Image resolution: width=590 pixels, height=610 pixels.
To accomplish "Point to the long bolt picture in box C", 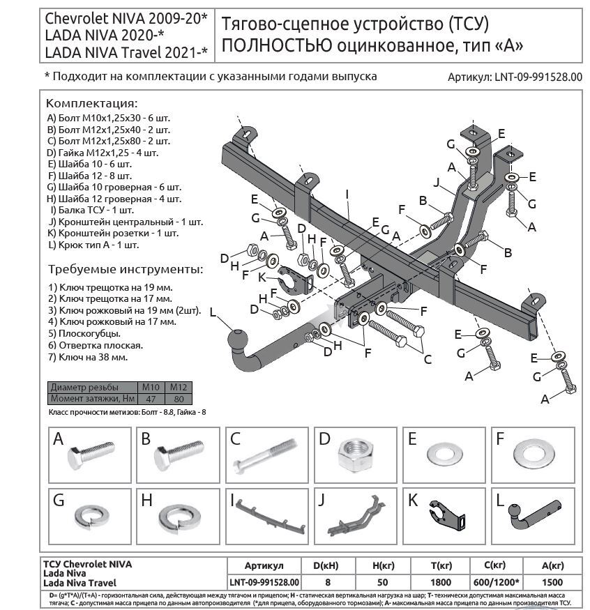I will tap(266, 457).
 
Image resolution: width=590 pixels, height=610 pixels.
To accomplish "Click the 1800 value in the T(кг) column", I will tap(439, 581).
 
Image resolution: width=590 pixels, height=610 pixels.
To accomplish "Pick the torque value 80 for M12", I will tap(179, 398).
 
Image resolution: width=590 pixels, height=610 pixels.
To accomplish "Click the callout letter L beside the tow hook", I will tap(213, 312).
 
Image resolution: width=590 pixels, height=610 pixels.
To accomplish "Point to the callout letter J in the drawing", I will tap(436, 183).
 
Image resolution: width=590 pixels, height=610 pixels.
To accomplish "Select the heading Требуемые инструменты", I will tap(126, 269).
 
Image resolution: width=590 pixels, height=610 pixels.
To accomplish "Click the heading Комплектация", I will tap(92, 102).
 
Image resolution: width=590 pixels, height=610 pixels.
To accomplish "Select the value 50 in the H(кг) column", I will tap(382, 581).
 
